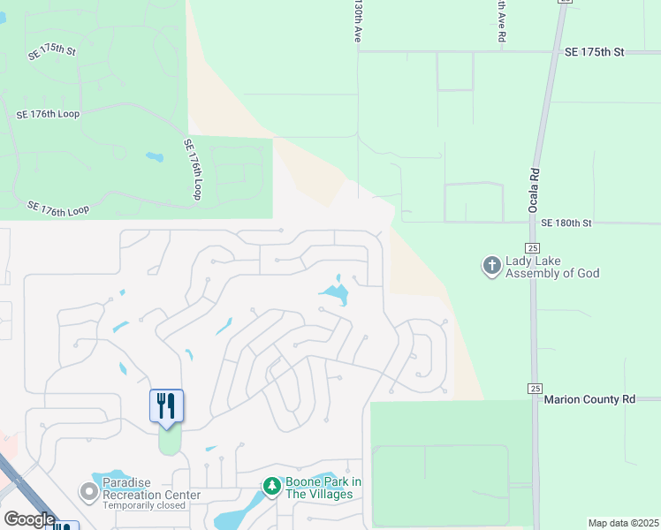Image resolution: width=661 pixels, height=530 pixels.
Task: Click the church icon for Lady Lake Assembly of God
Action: [x=491, y=265]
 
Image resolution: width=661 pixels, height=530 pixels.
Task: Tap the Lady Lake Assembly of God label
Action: [x=552, y=268]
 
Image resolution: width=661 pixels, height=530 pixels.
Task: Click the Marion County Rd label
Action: [x=589, y=399]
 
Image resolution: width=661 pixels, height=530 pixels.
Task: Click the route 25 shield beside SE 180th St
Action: [x=532, y=248]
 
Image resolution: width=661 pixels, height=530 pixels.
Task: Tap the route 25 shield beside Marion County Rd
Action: [x=534, y=388]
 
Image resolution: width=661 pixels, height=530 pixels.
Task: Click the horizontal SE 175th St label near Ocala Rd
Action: [x=594, y=52]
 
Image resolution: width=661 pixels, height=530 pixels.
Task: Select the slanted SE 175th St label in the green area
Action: [x=52, y=51]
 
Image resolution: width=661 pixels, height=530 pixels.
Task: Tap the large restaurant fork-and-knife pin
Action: [x=166, y=406]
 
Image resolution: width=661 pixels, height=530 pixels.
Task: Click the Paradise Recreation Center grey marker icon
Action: [x=88, y=490]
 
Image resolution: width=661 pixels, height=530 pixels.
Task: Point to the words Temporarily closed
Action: [x=143, y=506]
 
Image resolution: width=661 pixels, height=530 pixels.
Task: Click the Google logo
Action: [x=28, y=519]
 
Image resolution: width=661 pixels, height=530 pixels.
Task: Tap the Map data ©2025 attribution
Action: [x=623, y=523]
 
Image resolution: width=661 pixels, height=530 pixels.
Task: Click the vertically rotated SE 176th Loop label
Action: [x=193, y=169]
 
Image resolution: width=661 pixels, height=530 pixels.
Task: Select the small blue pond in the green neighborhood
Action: [x=155, y=158]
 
